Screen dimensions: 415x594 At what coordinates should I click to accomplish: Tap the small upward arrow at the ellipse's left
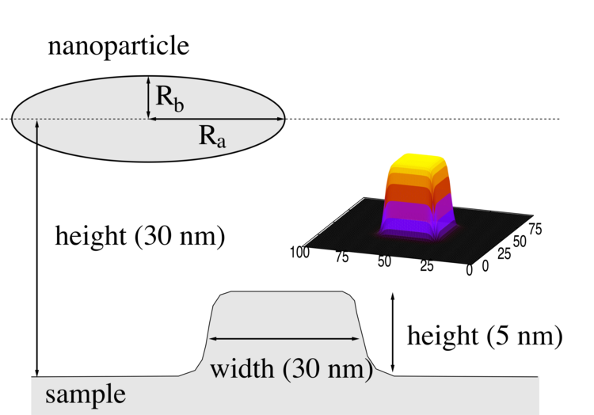tap(36, 135)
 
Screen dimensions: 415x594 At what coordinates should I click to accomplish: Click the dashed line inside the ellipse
tap(79, 119)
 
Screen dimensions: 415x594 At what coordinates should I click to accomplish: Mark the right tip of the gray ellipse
tap(283, 119)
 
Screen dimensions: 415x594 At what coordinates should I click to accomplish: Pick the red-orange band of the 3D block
tap(418, 192)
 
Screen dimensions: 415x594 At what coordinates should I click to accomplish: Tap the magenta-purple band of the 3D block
tap(418, 211)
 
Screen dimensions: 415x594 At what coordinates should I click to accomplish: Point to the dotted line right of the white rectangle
tap(553, 119)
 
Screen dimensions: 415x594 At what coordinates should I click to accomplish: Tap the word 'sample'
tap(85, 394)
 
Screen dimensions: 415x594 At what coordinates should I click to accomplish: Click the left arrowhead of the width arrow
tap(211, 339)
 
